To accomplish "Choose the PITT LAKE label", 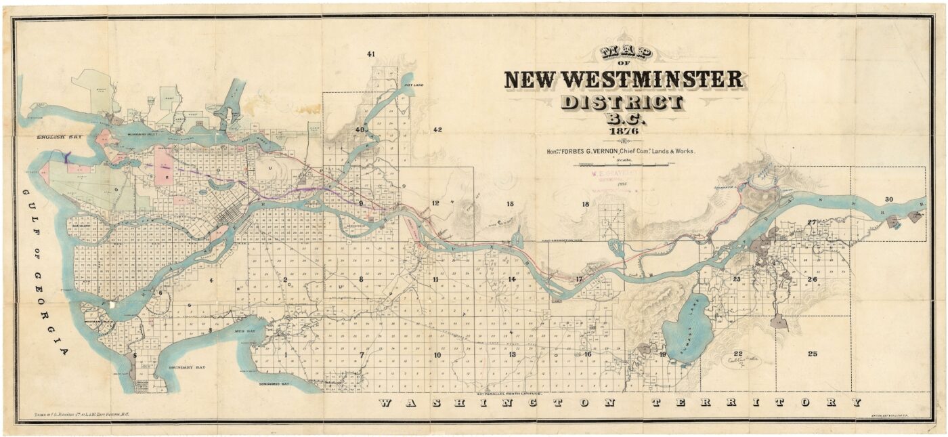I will point(412,86).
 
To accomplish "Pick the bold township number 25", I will point(813,354).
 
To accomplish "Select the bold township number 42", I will point(437,129).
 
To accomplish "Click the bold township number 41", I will point(370,54).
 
